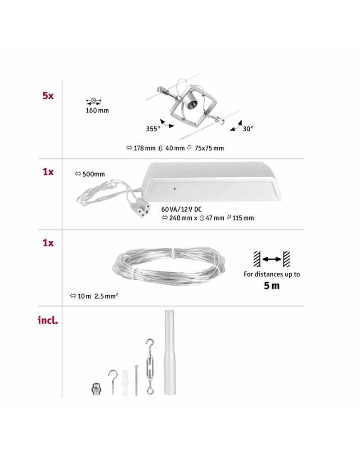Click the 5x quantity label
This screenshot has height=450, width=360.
click(x=48, y=95)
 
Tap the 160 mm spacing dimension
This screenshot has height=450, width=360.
click(x=97, y=111)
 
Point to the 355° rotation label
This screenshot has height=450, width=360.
click(x=153, y=129)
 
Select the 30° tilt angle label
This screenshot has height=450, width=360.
click(x=248, y=129)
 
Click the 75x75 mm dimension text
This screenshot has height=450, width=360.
click(x=209, y=148)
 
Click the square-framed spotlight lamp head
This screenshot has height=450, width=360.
click(x=190, y=104)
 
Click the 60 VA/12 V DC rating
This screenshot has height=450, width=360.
click(x=181, y=210)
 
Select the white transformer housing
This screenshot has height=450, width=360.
click(x=212, y=182)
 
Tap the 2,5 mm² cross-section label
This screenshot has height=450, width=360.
click(x=106, y=296)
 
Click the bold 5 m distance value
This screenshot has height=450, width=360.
click(x=272, y=286)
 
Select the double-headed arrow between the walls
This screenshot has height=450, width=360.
click(x=272, y=260)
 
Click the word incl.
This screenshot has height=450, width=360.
click(x=48, y=320)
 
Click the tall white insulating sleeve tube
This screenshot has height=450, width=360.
click(x=170, y=352)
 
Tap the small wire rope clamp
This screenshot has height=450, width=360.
click(x=96, y=389)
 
